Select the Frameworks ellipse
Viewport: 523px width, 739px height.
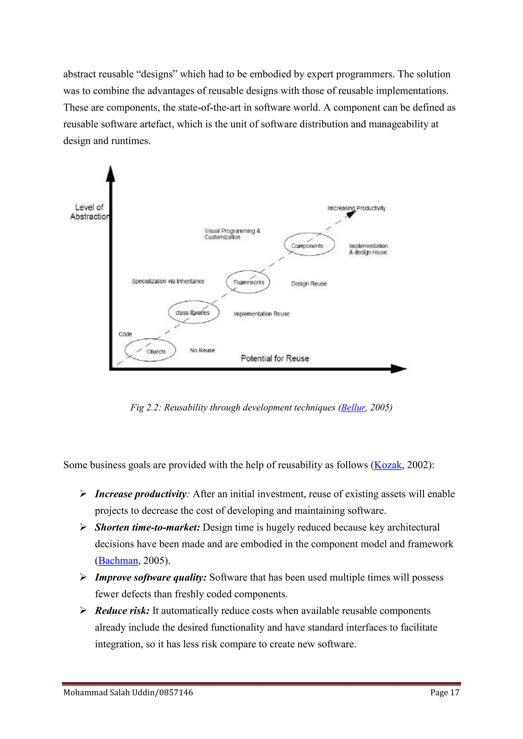click(248, 282)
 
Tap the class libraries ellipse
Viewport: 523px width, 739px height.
click(194, 312)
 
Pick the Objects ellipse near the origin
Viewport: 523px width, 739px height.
click(150, 350)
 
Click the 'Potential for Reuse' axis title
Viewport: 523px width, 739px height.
click(275, 358)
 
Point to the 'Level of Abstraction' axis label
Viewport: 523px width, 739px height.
click(89, 212)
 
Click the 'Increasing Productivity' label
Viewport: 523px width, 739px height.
click(356, 208)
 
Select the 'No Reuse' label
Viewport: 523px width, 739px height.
click(202, 350)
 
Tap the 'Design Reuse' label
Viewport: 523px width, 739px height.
click(309, 284)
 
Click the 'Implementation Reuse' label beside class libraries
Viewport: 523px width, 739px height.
click(261, 314)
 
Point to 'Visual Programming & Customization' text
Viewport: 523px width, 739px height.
click(232, 234)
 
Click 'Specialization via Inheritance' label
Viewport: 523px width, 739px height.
click(168, 281)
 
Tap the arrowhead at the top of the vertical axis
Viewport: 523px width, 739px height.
click(111, 174)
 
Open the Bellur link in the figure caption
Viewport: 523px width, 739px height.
click(353, 408)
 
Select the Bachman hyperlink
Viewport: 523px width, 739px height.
click(118, 560)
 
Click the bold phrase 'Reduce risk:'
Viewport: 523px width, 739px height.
click(122, 611)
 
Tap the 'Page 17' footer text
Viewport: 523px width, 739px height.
click(444, 692)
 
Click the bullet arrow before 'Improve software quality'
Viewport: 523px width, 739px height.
click(83, 577)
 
